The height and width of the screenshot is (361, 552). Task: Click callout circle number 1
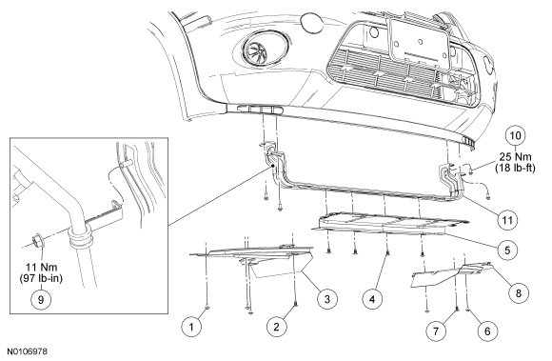191,328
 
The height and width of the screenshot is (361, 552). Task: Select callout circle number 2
276,327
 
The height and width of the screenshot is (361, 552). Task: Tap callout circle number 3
327,299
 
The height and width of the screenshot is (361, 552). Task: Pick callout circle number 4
373,299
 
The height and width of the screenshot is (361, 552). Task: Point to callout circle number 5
507,251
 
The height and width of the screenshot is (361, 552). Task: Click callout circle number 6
487,331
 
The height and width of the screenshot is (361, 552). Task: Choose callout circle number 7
436,331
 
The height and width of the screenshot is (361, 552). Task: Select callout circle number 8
518,292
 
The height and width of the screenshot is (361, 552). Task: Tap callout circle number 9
41,300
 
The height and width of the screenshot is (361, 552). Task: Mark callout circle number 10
516,135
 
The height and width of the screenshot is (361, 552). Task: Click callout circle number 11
507,220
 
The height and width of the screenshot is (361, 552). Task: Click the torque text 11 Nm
41,268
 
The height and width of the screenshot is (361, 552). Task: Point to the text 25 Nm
516,157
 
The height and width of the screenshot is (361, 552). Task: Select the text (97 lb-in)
41,278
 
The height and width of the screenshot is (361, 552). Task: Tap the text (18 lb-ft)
516,168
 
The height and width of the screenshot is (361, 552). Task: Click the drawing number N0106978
28,351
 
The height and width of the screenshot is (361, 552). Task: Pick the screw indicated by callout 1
207,308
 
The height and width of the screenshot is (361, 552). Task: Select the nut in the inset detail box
38,241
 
